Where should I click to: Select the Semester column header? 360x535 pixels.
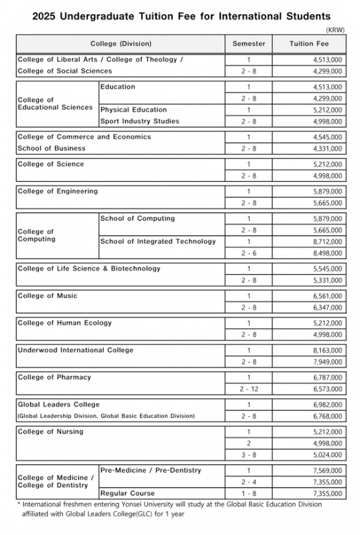click(x=248, y=44)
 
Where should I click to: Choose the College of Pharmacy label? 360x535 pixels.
click(x=54, y=377)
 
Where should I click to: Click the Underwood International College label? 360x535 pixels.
click(x=75, y=350)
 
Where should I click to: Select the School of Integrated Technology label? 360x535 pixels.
click(x=158, y=242)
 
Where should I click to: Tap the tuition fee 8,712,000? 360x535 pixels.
click(x=331, y=242)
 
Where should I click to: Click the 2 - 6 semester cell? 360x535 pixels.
click(x=248, y=253)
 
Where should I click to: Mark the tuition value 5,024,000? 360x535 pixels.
click(x=331, y=455)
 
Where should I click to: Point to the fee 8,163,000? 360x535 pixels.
click(x=331, y=350)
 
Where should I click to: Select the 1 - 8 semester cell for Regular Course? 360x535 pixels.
click(x=248, y=493)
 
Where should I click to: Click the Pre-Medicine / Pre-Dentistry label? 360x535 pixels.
click(x=151, y=470)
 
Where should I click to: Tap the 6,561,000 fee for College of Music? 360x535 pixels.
click(x=331, y=296)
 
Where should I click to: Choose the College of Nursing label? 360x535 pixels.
click(x=50, y=431)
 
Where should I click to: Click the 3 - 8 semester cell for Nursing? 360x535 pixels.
click(x=248, y=455)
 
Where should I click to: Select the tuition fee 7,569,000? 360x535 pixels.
click(x=331, y=470)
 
